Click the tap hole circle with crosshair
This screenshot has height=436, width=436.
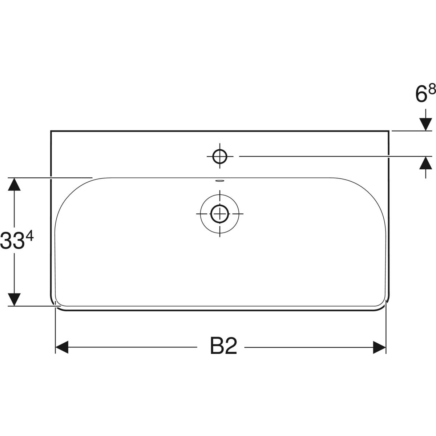220,156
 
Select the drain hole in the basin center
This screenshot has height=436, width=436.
219,213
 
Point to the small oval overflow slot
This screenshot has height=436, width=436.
220,180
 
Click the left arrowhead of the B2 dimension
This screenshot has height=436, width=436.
62,347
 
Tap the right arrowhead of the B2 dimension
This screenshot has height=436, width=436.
379,347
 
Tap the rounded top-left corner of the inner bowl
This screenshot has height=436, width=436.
69,193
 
